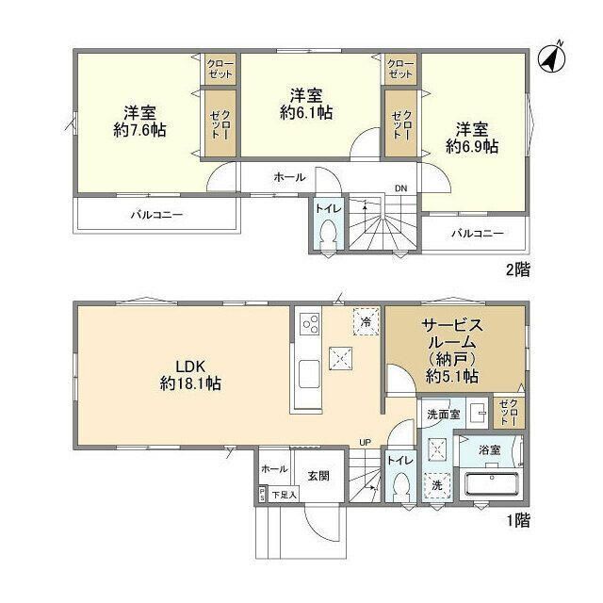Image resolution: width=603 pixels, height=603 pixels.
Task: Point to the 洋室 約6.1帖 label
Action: (306, 104)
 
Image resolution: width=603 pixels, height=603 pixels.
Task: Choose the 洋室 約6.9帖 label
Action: (472, 138)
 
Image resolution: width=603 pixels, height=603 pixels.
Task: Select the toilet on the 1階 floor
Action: (402, 488)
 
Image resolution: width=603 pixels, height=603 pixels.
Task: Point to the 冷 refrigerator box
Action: (365, 320)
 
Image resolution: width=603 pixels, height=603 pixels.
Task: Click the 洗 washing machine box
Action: (436, 484)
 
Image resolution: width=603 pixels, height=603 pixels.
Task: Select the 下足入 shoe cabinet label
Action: (284, 494)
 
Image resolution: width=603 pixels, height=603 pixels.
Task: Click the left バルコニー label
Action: (156, 214)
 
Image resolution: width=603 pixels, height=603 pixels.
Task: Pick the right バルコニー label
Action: (476, 233)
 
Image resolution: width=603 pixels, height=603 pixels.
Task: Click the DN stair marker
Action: (400, 187)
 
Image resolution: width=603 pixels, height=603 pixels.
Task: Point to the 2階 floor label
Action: (517, 269)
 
